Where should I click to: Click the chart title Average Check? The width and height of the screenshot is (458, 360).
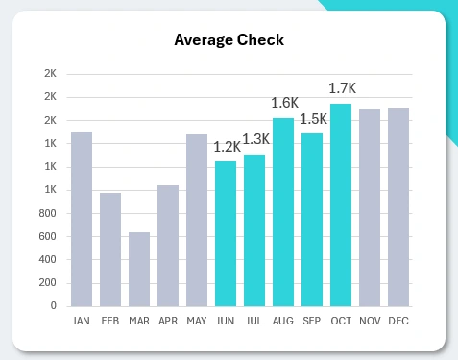[x=229, y=40]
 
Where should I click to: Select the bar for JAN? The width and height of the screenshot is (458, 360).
[x=82, y=219]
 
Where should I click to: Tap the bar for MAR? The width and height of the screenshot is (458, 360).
[x=139, y=269]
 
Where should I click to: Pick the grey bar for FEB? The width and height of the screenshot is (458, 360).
[x=110, y=250]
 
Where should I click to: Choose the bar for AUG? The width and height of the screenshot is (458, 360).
[x=283, y=212]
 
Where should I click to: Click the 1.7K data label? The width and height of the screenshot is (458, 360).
[x=342, y=89]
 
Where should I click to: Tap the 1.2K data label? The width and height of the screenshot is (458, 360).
[x=228, y=148]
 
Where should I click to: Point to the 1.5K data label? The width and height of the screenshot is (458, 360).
[x=313, y=119]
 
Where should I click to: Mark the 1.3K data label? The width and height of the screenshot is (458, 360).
[x=255, y=140]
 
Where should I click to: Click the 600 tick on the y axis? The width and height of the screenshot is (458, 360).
[x=47, y=236]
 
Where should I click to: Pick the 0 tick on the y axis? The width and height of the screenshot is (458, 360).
[x=54, y=306]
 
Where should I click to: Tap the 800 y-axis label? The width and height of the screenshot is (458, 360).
[x=47, y=213]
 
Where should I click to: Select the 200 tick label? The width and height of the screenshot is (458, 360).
[x=47, y=283]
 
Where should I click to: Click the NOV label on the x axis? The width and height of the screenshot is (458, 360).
[x=370, y=321]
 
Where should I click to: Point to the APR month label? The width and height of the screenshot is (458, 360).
[x=168, y=321]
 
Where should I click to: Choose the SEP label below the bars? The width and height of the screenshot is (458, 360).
[x=312, y=321]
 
